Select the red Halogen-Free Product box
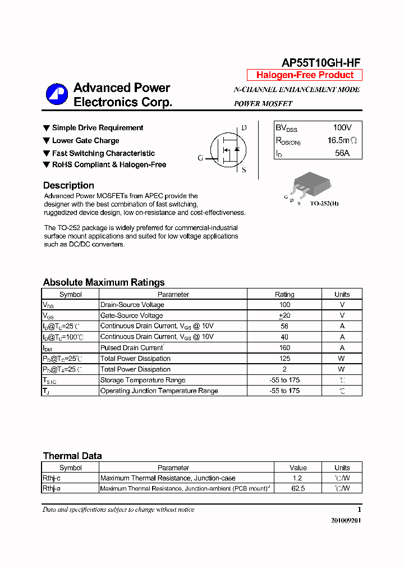tap(305, 75)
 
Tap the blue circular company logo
tap(57, 94)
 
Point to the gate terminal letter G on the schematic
tap(200, 158)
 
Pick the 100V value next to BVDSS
tap(342, 128)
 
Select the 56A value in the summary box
tap(342, 153)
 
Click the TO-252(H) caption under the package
tap(324, 203)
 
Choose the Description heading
tap(68, 185)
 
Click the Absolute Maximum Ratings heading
tap(104, 282)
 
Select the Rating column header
tap(284, 294)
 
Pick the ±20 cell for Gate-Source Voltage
tap(284, 315)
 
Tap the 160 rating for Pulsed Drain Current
tap(284, 348)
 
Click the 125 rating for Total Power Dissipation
tap(284, 359)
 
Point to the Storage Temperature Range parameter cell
tap(143, 380)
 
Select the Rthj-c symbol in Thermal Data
tap(52, 478)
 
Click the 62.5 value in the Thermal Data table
tap(298, 488)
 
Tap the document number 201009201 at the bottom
tap(346, 521)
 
